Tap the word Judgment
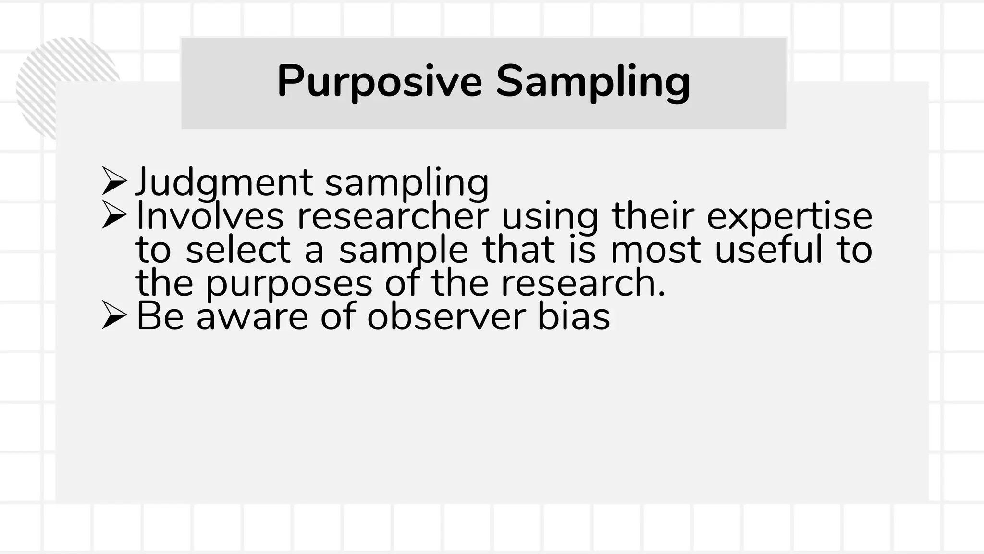click(224, 183)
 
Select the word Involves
click(210, 216)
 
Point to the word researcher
click(393, 216)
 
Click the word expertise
click(789, 216)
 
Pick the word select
click(238, 250)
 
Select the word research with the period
click(583, 283)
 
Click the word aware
click(252, 317)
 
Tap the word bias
click(574, 317)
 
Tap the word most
click(656, 250)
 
